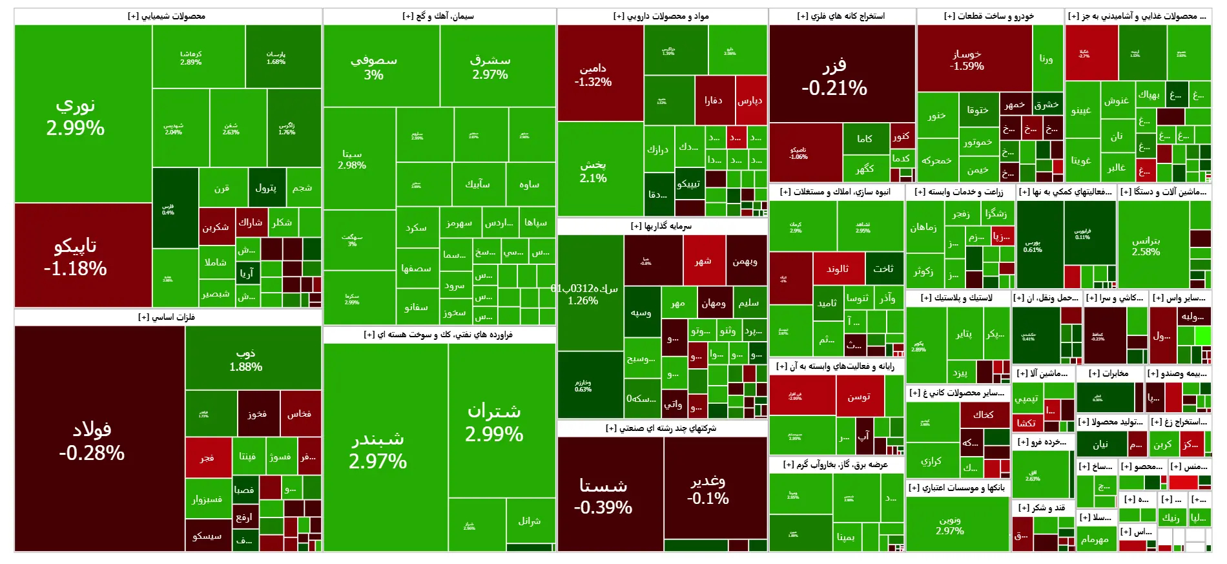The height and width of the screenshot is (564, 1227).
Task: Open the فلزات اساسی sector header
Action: tap(167, 317)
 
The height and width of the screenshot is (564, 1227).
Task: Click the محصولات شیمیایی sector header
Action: tap(167, 16)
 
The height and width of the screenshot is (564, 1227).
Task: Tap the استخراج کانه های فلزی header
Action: tap(841, 16)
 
